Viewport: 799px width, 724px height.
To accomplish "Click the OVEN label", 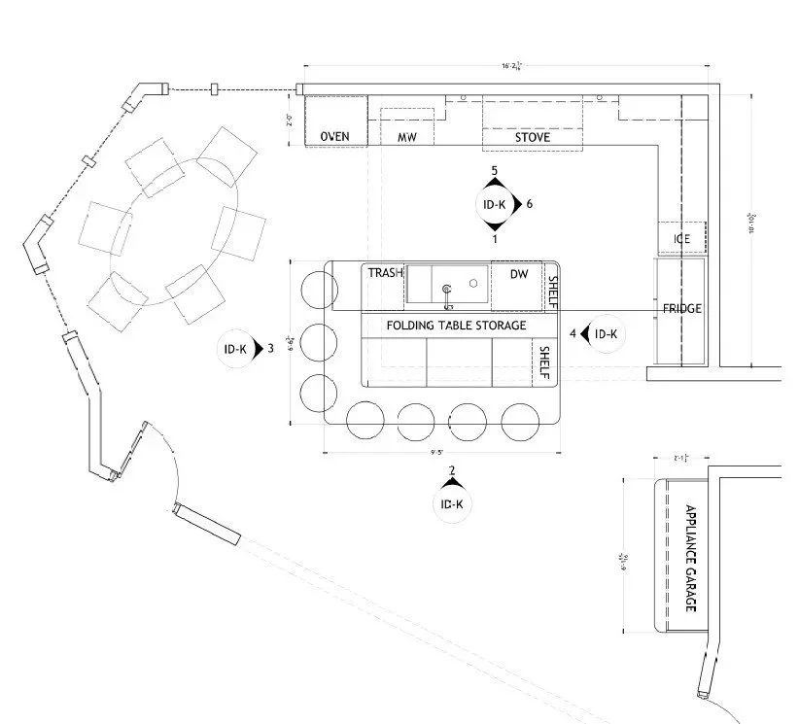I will [334, 137].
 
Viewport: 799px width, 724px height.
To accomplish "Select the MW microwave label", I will [407, 138].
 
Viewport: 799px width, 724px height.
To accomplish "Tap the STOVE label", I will [533, 138].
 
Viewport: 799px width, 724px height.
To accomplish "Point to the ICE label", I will [681, 239].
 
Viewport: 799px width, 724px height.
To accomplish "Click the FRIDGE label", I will [682, 309].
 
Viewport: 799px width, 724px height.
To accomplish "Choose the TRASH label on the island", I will [385, 274].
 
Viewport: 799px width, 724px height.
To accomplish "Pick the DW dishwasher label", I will [519, 275].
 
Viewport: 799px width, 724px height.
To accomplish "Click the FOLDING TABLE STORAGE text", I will [456, 326].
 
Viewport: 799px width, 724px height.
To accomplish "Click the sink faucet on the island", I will [447, 291].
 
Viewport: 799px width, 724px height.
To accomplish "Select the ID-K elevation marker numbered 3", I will [236, 348].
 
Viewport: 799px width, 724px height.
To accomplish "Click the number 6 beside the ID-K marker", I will [530, 204].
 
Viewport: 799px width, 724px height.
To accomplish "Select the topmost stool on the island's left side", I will [317, 291].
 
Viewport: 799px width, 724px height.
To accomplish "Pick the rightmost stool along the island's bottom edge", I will [519, 420].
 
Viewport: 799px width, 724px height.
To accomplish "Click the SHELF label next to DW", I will [552, 291].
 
